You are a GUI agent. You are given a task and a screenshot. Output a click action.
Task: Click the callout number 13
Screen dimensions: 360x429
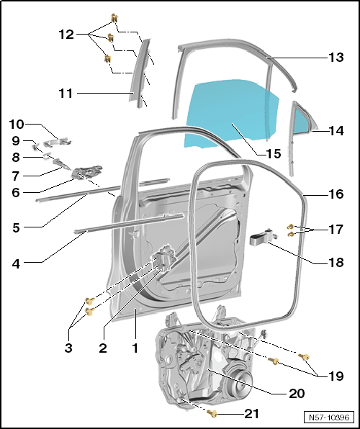pyautogui.click(x=336, y=58)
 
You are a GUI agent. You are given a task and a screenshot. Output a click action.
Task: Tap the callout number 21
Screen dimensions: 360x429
pyautogui.click(x=251, y=414)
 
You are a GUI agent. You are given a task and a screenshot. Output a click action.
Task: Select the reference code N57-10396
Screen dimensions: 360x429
pyautogui.click(x=329, y=417)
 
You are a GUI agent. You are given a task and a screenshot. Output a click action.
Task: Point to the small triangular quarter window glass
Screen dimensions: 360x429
pyautogui.click(x=303, y=119)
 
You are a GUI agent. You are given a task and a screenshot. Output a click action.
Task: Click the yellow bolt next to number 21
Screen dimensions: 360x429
pyautogui.click(x=212, y=414)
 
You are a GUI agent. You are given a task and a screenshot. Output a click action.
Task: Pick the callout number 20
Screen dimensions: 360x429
pyautogui.click(x=297, y=394)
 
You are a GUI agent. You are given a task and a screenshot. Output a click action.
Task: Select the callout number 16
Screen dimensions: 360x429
pyautogui.click(x=336, y=194)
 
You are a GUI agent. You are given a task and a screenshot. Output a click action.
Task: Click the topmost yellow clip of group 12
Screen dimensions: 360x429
pyautogui.click(x=114, y=18)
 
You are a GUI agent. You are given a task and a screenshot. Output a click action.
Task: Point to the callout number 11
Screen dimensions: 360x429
pyautogui.click(x=66, y=94)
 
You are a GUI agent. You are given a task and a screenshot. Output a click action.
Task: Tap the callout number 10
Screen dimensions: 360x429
pyautogui.click(x=17, y=125)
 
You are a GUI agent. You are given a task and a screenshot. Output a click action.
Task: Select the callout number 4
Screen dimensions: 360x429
pyautogui.click(x=16, y=264)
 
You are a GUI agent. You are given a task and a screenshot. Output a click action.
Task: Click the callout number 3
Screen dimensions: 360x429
pyautogui.click(x=68, y=348)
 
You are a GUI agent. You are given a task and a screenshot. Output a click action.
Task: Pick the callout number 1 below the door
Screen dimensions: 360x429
pyautogui.click(x=135, y=348)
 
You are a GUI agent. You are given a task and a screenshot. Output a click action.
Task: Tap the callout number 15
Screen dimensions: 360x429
pyautogui.click(x=273, y=154)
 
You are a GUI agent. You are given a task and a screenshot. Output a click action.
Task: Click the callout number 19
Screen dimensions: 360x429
pyautogui.click(x=336, y=376)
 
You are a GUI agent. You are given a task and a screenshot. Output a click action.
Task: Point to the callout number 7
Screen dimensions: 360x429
pyautogui.click(x=16, y=176)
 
